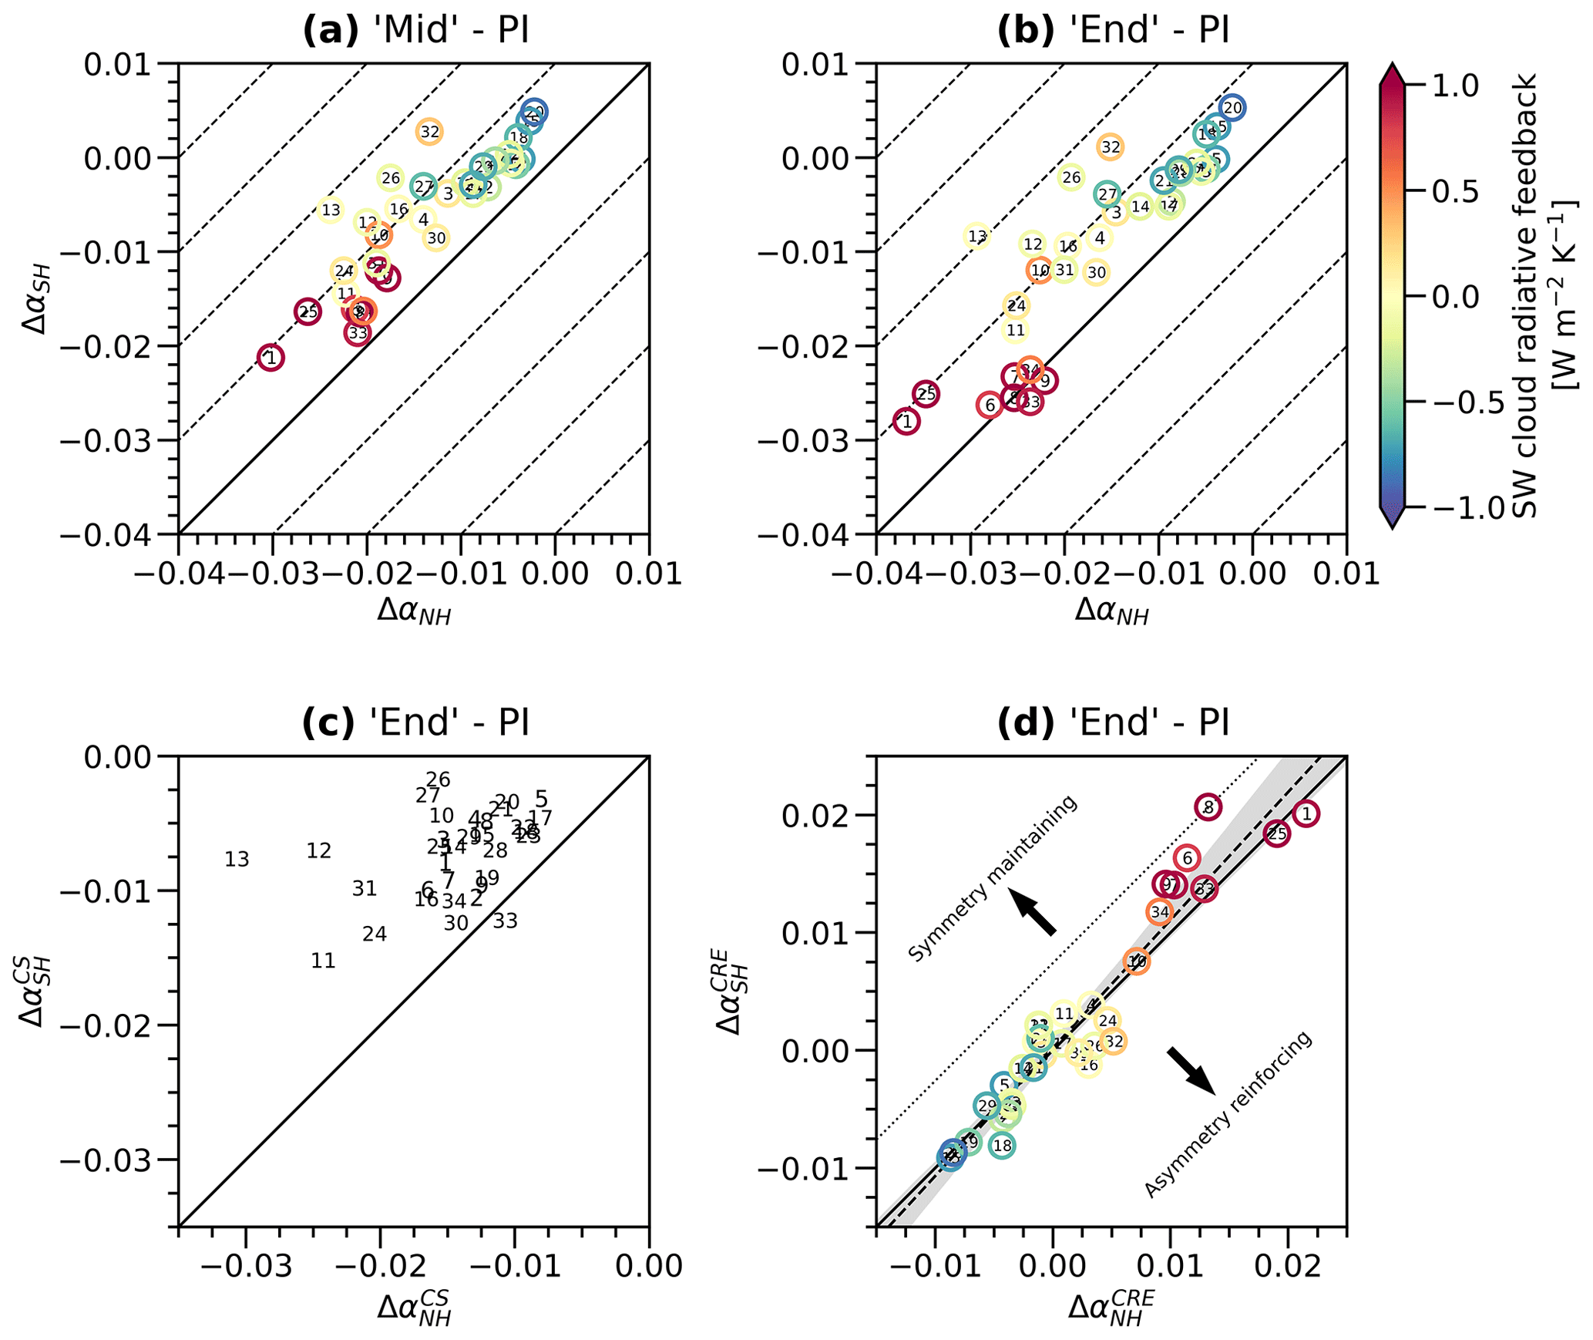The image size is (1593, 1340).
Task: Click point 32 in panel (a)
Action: (x=429, y=132)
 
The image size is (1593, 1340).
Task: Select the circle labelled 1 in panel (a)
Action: (x=271, y=358)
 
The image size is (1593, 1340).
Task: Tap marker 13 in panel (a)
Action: (x=331, y=210)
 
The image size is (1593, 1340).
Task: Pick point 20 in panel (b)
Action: (x=1232, y=108)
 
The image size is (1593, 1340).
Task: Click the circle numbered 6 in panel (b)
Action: (x=990, y=405)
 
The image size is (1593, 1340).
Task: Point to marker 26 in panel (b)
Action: (x=1071, y=177)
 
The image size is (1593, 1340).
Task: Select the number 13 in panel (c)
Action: (x=237, y=860)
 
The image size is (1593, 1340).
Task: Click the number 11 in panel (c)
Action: (x=324, y=961)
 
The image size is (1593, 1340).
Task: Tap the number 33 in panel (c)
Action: (x=506, y=921)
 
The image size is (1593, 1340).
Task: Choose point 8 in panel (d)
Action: (x=1208, y=807)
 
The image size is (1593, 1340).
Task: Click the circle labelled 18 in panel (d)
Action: (x=1002, y=1146)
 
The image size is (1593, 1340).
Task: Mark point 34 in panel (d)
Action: (x=1160, y=913)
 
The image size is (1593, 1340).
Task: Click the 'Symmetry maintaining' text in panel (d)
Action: (x=993, y=880)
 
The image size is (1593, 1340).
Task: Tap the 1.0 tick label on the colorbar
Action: (x=1455, y=85)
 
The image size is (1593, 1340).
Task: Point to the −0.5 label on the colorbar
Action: (x=1459, y=402)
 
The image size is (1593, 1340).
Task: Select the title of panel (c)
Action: (x=415, y=723)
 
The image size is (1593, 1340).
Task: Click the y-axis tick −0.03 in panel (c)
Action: (x=115, y=1160)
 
